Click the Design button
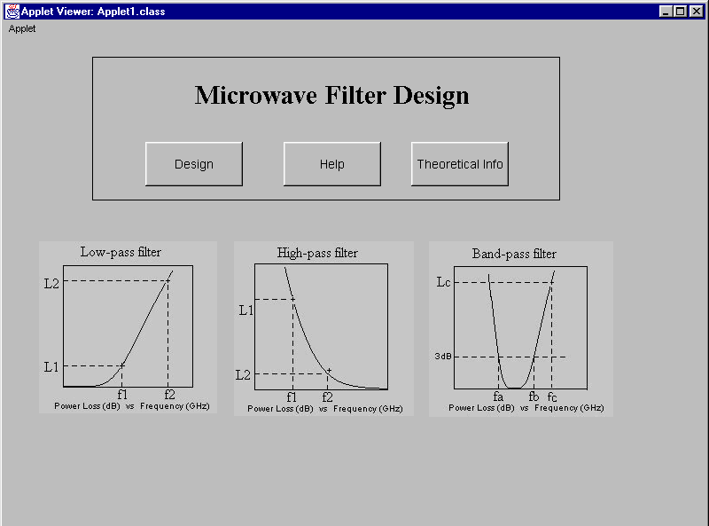click(194, 164)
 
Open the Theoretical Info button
click(460, 164)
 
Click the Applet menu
click(21, 28)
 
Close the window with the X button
click(697, 12)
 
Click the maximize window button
click(681, 12)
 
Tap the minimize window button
click(666, 12)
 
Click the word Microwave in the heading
click(256, 96)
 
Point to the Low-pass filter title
click(121, 252)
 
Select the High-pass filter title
click(317, 253)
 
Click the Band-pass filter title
click(514, 254)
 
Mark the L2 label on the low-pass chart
click(51, 284)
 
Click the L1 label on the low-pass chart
click(51, 366)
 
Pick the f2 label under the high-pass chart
click(327, 397)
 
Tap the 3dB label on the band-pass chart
click(443, 357)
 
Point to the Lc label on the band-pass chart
click(444, 282)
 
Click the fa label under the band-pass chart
click(498, 396)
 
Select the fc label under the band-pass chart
click(552, 397)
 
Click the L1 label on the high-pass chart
click(246, 310)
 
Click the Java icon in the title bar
click(12, 12)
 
